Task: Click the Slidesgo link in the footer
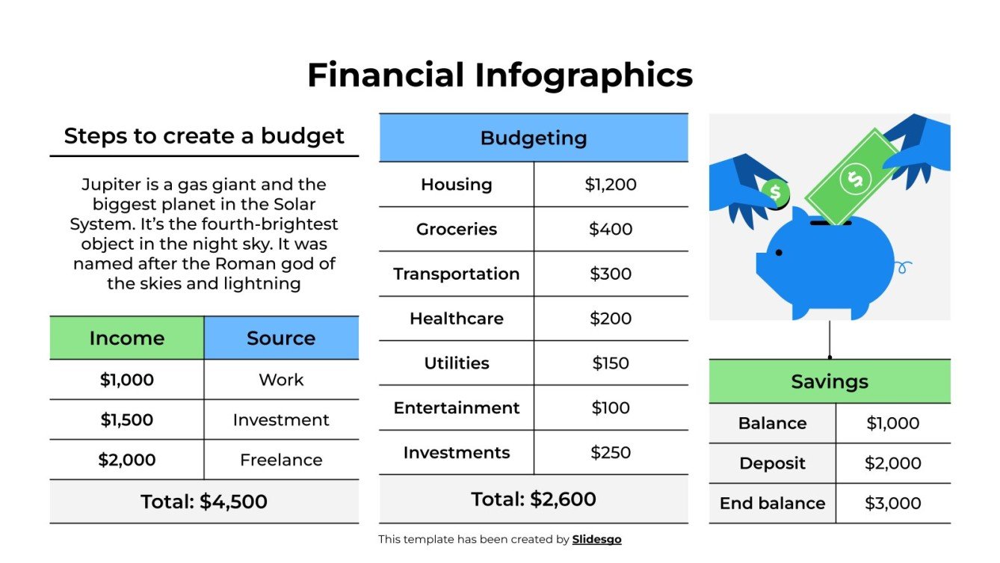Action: click(596, 539)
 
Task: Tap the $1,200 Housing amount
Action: click(611, 185)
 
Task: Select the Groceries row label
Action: click(456, 230)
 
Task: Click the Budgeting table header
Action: click(533, 138)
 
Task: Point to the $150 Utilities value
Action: click(611, 363)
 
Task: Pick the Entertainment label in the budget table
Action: click(456, 408)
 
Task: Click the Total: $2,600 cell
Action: click(533, 499)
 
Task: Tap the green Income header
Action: click(126, 338)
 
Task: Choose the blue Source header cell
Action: click(281, 338)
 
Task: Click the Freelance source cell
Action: click(281, 460)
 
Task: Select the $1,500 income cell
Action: click(126, 420)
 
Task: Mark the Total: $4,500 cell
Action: click(203, 502)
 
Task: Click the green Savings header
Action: click(829, 381)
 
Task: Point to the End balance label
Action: click(772, 503)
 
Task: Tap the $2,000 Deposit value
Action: click(892, 464)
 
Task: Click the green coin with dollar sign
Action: click(775, 193)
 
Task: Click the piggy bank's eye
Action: click(779, 253)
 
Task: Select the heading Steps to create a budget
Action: click(203, 136)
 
